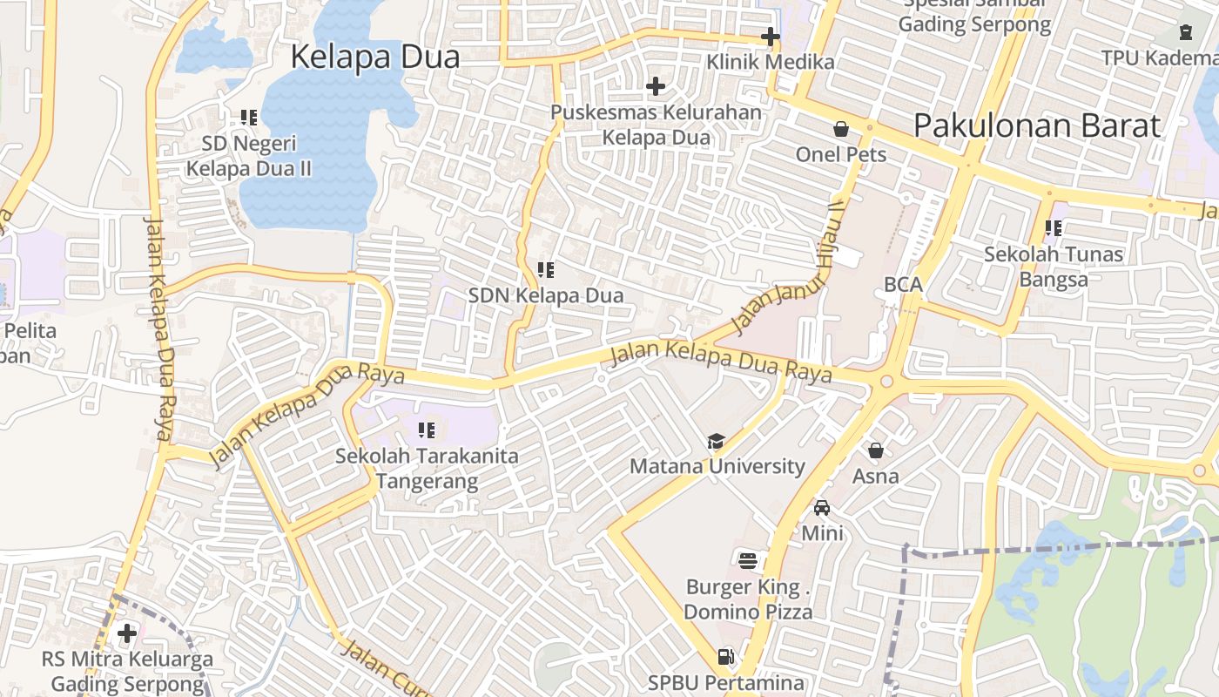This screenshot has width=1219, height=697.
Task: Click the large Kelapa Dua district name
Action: [x=374, y=57]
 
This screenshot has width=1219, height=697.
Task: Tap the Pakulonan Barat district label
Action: [x=1036, y=125]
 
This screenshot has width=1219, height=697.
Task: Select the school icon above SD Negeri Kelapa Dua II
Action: [x=249, y=117]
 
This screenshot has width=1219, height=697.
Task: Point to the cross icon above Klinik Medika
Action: [x=770, y=37]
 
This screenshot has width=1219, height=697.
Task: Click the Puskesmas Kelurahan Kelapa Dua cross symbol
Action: [x=656, y=86]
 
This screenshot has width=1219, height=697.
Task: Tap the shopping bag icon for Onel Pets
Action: [x=841, y=129]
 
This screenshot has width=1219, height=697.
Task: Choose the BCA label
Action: [x=903, y=284]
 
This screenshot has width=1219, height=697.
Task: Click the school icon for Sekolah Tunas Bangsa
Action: [x=1054, y=228]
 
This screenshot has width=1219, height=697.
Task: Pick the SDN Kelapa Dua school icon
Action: [x=546, y=270]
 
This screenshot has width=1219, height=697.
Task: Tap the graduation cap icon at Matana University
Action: [x=716, y=441]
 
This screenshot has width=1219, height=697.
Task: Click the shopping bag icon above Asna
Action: [x=876, y=450]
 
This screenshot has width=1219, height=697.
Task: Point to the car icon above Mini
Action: [x=822, y=507]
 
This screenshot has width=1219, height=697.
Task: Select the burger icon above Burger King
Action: [x=747, y=560]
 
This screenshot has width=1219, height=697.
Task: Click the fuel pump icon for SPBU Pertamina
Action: [x=725, y=657]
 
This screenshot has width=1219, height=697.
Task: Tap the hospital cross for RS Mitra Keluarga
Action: [x=127, y=633]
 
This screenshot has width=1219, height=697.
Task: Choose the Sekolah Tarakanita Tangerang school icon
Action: [x=427, y=430]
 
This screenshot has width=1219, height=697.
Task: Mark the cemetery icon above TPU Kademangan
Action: [x=1186, y=33]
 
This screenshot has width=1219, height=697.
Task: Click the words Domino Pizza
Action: [x=748, y=612]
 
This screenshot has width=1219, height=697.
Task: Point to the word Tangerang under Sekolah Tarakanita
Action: [x=428, y=481]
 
